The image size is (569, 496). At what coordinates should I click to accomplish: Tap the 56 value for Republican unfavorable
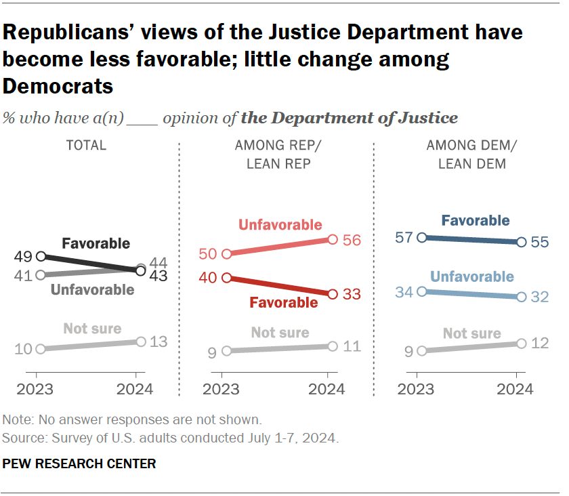click(352, 239)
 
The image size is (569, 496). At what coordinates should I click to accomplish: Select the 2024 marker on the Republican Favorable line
click(333, 294)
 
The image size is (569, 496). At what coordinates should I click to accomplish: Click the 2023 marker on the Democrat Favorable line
click(421, 237)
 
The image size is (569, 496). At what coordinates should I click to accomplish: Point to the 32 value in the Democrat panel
click(541, 297)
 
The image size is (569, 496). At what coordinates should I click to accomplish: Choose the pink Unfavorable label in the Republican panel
click(279, 226)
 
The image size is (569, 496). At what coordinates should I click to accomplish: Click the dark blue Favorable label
click(475, 220)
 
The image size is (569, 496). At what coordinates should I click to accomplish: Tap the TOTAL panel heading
click(86, 145)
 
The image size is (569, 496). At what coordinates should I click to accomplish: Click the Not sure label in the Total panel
click(92, 329)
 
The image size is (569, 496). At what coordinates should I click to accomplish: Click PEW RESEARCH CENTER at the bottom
click(79, 464)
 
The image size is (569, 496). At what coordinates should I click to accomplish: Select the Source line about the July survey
click(170, 438)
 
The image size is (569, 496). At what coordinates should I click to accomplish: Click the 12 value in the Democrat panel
click(541, 344)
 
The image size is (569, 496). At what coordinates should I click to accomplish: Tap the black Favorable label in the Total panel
click(96, 243)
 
